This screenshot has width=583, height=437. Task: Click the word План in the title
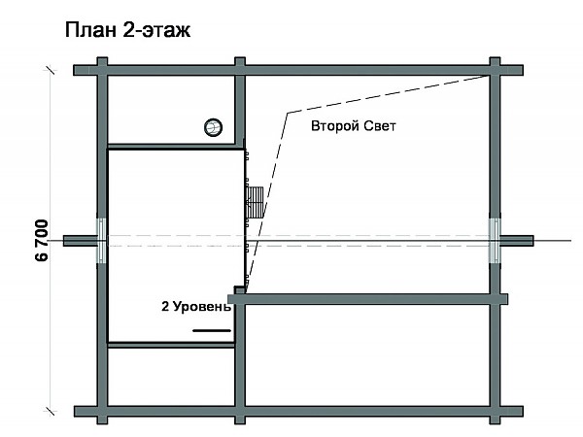tap(86, 30)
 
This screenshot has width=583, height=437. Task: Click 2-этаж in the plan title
tap(150, 30)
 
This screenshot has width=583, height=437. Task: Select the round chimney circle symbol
tap(213, 126)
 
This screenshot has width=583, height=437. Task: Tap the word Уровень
tap(202, 307)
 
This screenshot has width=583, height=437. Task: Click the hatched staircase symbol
tap(256, 202)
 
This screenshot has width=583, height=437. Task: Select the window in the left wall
tap(100, 240)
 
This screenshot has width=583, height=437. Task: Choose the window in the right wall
tap(495, 240)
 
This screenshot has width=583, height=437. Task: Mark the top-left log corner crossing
tap(101, 69)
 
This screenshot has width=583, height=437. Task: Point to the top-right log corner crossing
tap(496, 69)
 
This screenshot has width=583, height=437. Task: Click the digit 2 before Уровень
tap(165, 307)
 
